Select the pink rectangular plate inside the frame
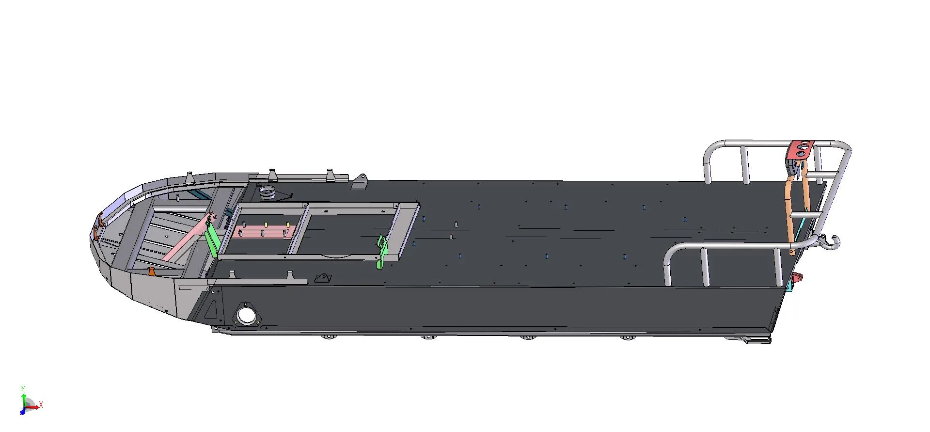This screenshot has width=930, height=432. (x=265, y=232)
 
